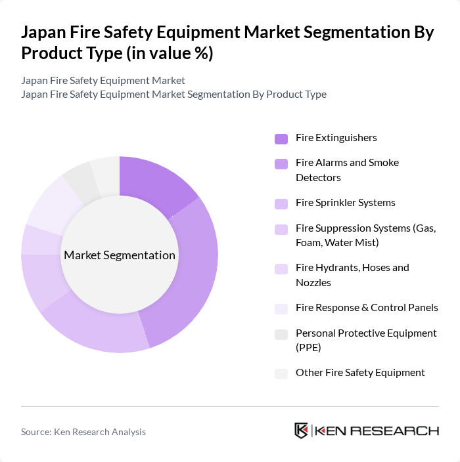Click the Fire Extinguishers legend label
pos(336,138)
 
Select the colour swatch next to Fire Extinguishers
pos(281,138)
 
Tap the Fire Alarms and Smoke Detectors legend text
pos(347,170)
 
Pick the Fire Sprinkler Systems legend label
pos(346,203)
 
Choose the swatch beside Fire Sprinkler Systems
pos(281,203)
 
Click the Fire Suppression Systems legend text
pos(365,236)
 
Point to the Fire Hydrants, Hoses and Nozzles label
pos(352,275)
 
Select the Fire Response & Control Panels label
pos(367,308)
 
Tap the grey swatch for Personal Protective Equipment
pos(281,335)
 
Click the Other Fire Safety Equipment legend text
pos(360,373)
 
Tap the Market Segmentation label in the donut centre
pos(120,255)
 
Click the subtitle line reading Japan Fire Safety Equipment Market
pos(103,80)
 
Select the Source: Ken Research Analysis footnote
pos(83,432)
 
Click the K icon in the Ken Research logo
pos(302,430)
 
